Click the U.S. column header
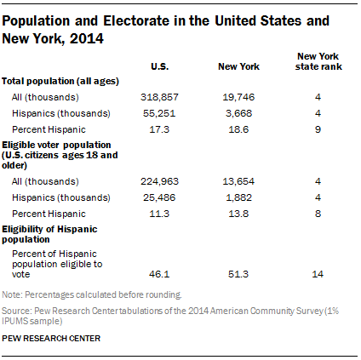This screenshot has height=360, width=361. click(158, 66)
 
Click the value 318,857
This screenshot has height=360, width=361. click(157, 98)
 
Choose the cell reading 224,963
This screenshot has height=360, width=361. click(157, 180)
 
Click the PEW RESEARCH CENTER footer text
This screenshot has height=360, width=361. click(51, 339)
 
